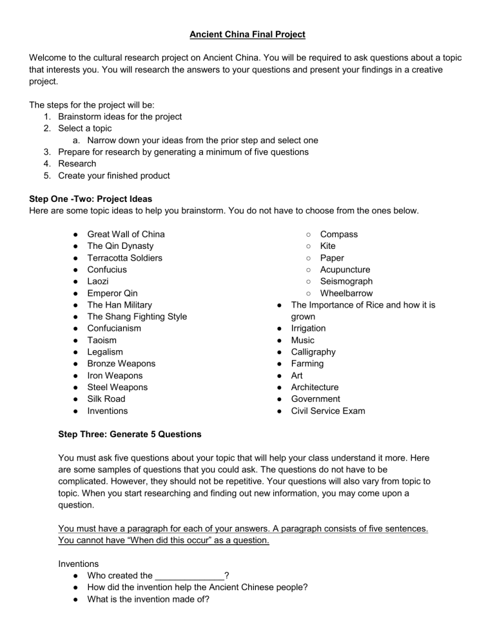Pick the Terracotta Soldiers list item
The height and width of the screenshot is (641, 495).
(x=124, y=258)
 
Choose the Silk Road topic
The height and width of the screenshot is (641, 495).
(x=106, y=399)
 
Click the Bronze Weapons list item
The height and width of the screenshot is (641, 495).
(x=121, y=364)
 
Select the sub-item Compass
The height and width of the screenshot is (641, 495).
(x=338, y=234)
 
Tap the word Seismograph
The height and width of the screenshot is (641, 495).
(x=346, y=281)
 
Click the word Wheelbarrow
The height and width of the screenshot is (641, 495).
(x=346, y=293)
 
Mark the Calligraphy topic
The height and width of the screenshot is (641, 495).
(x=313, y=352)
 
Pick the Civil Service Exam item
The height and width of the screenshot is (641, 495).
(x=328, y=411)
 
